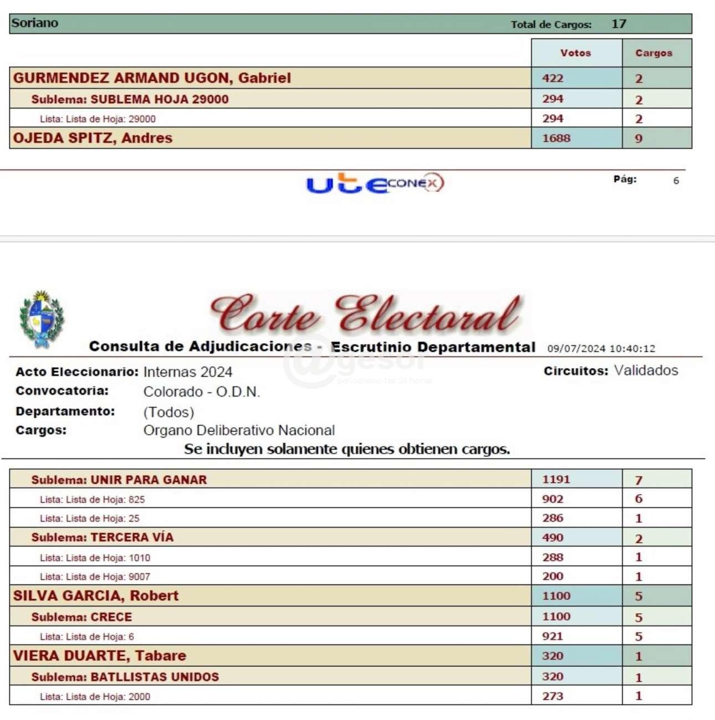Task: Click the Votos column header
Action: (575, 53)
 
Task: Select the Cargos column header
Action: (653, 53)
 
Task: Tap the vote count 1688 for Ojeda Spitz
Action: (556, 138)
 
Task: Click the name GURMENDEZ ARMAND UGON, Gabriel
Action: (152, 78)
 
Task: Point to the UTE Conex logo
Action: (375, 183)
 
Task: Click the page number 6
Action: (676, 181)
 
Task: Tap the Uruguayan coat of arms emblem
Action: (42, 319)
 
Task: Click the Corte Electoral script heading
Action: (366, 314)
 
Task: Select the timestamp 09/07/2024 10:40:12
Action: (601, 349)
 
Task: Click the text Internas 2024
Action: (187, 372)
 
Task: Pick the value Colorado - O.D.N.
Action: (201, 392)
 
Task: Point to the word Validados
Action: (646, 371)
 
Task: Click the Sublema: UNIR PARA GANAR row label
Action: (119, 480)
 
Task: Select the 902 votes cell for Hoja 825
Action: (553, 499)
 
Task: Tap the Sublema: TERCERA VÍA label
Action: (102, 538)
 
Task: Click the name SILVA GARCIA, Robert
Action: (96, 596)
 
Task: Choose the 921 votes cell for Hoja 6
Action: (553, 636)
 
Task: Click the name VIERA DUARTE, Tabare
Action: (100, 656)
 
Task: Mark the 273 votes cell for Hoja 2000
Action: (553, 696)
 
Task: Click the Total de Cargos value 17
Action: (619, 24)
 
